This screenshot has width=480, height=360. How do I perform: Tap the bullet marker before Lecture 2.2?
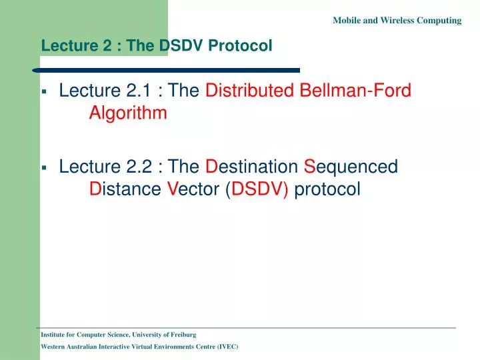pos(43,167)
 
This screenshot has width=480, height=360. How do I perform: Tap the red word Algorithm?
pos(128,113)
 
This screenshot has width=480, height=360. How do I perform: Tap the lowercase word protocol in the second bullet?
pos(327,189)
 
